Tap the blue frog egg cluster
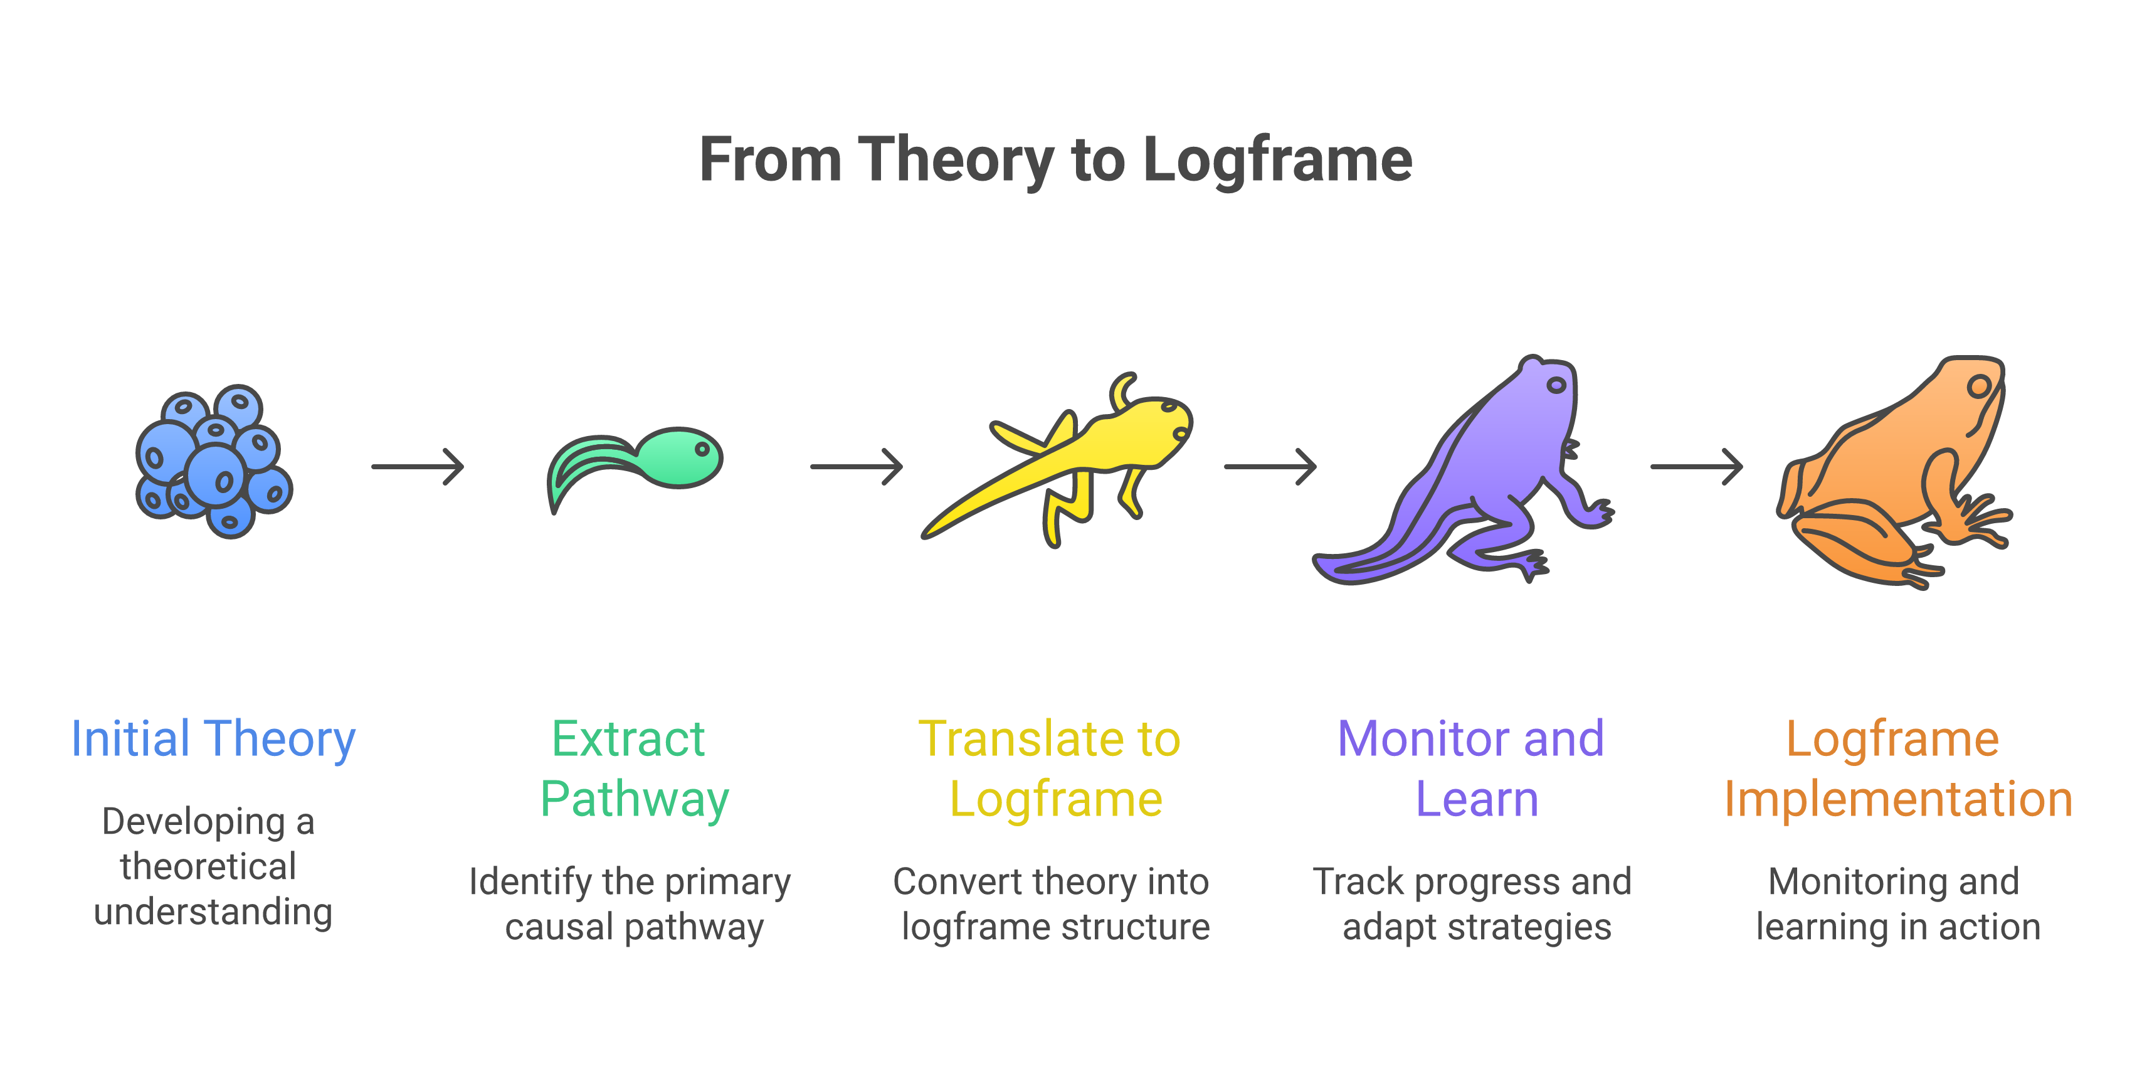214,462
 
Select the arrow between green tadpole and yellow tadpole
856,467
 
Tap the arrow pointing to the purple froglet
1270,467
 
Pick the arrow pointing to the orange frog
1696,467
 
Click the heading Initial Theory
214,739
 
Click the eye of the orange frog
1979,386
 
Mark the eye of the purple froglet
1556,385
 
